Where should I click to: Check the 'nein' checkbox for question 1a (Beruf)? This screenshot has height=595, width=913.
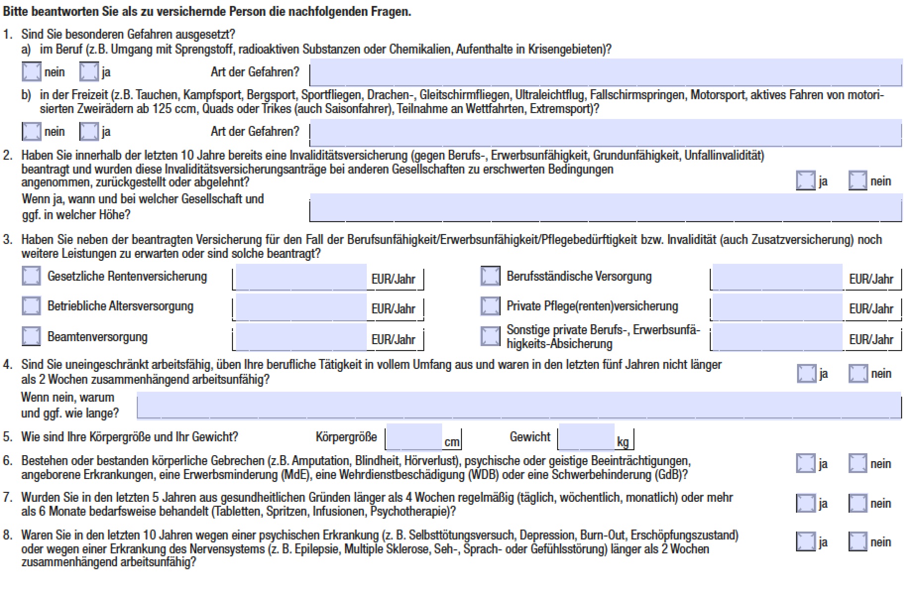31,72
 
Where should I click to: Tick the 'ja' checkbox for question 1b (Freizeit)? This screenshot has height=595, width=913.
89,131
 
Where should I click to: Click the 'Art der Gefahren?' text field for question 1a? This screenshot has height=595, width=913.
605,72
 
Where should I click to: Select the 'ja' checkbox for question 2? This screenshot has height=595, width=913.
805,180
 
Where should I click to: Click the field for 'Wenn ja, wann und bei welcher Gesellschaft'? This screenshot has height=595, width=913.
605,207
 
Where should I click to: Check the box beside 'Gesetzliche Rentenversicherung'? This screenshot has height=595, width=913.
31,276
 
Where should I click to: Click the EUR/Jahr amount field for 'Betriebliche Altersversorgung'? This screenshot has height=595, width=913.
300,307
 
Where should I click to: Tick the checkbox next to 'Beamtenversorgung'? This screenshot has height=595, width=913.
31,336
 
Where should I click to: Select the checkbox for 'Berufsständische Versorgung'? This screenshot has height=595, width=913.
490,276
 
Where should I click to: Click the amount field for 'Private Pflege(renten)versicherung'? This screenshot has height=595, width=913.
777,307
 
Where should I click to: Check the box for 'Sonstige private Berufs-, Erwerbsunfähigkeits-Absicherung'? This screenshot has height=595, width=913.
490,336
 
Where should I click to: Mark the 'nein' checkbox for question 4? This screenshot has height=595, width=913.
858,373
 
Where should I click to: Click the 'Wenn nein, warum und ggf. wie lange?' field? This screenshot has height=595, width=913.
518,406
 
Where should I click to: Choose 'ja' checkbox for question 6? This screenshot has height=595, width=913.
805,463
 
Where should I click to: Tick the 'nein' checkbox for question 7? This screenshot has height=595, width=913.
858,503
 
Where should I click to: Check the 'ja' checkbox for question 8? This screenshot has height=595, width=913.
805,541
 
